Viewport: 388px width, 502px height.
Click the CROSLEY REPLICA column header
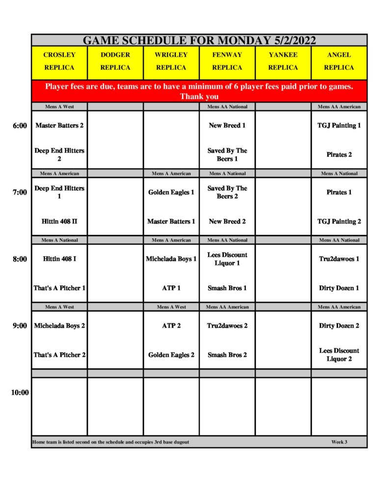point(59,61)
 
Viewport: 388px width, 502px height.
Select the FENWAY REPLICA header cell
point(227,61)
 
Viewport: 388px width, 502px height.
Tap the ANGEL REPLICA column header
point(339,61)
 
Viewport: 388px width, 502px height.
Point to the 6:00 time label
point(20,125)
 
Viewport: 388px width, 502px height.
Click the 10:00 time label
point(20,392)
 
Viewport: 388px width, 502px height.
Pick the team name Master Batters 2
point(59,125)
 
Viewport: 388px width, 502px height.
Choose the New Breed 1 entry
point(227,125)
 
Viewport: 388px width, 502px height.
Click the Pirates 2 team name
point(339,155)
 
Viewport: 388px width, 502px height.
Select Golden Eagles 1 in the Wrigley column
point(171,192)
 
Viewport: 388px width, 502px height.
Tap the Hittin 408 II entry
point(59,222)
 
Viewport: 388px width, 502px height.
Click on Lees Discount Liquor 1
point(227,259)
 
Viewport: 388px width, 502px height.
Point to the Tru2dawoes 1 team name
point(339,259)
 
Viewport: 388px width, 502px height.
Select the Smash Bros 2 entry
point(227,355)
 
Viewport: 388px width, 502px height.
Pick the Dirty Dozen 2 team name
point(339,326)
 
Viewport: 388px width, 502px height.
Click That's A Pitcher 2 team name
point(59,355)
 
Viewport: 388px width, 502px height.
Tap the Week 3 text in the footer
point(339,442)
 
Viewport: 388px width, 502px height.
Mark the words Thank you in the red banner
point(199,97)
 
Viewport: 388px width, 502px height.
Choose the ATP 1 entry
point(171,288)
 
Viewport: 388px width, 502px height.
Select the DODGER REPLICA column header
point(115,61)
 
